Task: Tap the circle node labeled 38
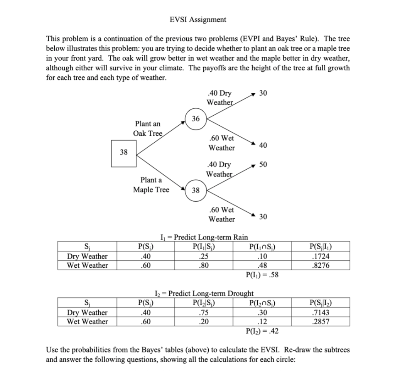[x=196, y=190]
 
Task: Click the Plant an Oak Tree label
[x=148, y=128]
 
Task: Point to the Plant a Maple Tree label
[x=151, y=185]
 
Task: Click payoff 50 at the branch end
[x=263, y=165]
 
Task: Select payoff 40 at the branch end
[x=263, y=145]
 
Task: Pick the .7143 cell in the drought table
[x=322, y=312]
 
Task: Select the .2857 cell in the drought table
[x=322, y=322]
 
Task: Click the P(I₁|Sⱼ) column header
[x=203, y=247]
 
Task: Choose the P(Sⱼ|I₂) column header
[x=322, y=303]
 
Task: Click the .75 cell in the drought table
[x=203, y=312]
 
